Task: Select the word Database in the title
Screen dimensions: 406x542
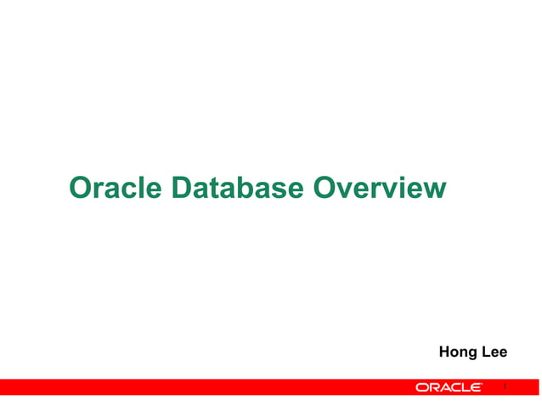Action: [x=239, y=188]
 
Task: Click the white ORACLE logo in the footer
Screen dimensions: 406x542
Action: [x=449, y=387]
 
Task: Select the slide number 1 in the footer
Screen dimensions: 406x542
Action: [x=505, y=387]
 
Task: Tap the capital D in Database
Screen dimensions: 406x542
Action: [x=182, y=188]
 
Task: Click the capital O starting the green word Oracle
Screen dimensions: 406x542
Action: [x=81, y=188]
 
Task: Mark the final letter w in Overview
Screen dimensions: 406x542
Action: [x=433, y=188]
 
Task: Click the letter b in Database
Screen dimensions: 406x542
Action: [x=240, y=188]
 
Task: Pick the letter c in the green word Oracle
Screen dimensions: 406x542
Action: [x=126, y=189]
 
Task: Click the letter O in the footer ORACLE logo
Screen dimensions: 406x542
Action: [x=421, y=387]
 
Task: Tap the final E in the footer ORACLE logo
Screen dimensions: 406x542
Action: [x=477, y=387]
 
